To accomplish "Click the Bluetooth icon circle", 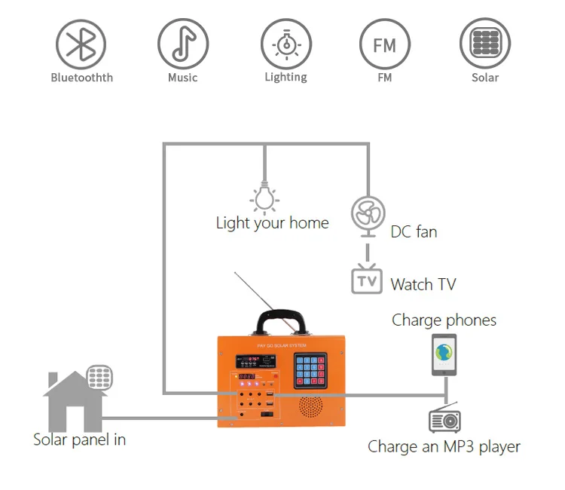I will click(x=81, y=44).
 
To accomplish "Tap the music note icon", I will click(x=182, y=44).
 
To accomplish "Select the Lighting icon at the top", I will click(x=286, y=44).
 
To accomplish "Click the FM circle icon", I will click(x=385, y=44).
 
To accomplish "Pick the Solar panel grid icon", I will click(x=485, y=44).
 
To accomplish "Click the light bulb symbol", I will click(x=264, y=197).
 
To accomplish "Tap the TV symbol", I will click(x=367, y=280).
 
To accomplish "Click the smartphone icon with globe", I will click(x=444, y=354).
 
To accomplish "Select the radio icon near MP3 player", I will click(x=444, y=419).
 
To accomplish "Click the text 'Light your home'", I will click(x=272, y=223).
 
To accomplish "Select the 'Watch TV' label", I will click(x=423, y=284).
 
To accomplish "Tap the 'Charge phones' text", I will click(x=444, y=320).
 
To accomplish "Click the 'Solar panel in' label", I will click(x=79, y=439).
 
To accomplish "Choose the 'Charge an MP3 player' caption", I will click(x=444, y=446).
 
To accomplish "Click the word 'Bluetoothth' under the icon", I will click(x=81, y=78).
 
